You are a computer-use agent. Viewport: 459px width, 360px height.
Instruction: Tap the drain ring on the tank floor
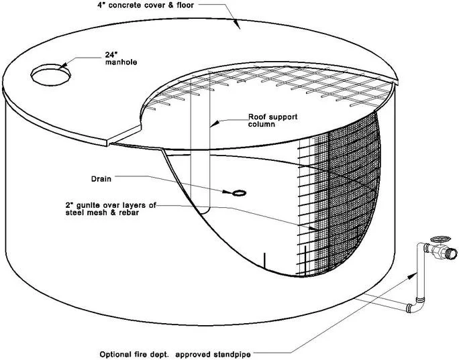tap(238, 194)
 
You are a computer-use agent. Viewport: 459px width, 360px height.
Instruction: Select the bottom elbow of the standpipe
tap(414, 306)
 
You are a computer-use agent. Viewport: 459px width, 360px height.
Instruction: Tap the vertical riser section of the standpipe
tap(419, 275)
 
